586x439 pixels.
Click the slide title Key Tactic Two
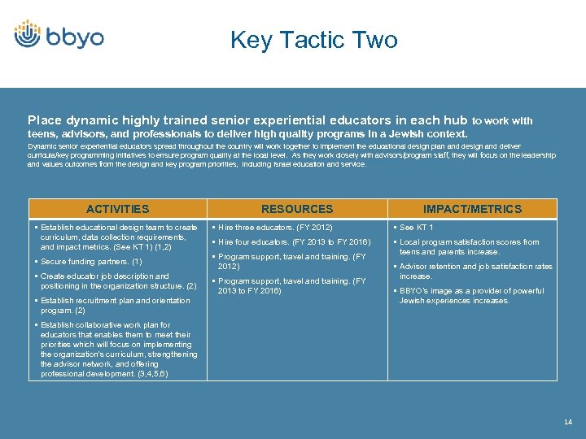coord(313,40)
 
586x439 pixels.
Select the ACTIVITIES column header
coord(118,209)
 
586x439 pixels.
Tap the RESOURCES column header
coord(297,209)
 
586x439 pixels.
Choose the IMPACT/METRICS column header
coord(472,209)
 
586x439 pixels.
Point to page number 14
coord(567,421)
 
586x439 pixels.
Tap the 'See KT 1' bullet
coord(417,228)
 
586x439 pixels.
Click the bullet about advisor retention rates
coord(475,272)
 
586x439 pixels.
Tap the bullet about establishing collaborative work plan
coord(118,350)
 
